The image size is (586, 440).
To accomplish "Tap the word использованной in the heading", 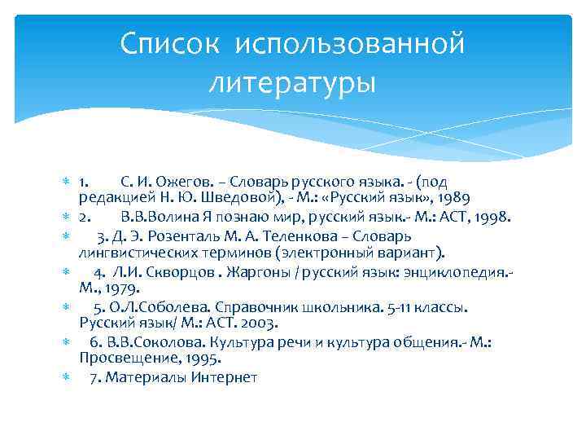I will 350,43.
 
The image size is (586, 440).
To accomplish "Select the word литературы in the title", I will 293,82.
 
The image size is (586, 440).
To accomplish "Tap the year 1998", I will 492,218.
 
